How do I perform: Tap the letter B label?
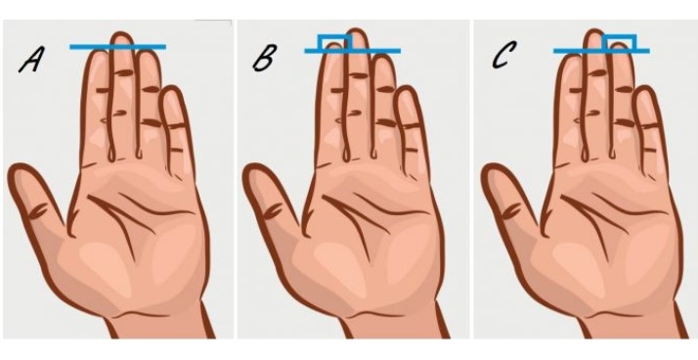(x=264, y=58)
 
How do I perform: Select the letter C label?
(x=504, y=55)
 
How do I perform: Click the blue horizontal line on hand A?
(x=118, y=47)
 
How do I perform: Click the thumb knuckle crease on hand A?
(x=39, y=211)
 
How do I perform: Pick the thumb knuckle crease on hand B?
(x=274, y=211)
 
